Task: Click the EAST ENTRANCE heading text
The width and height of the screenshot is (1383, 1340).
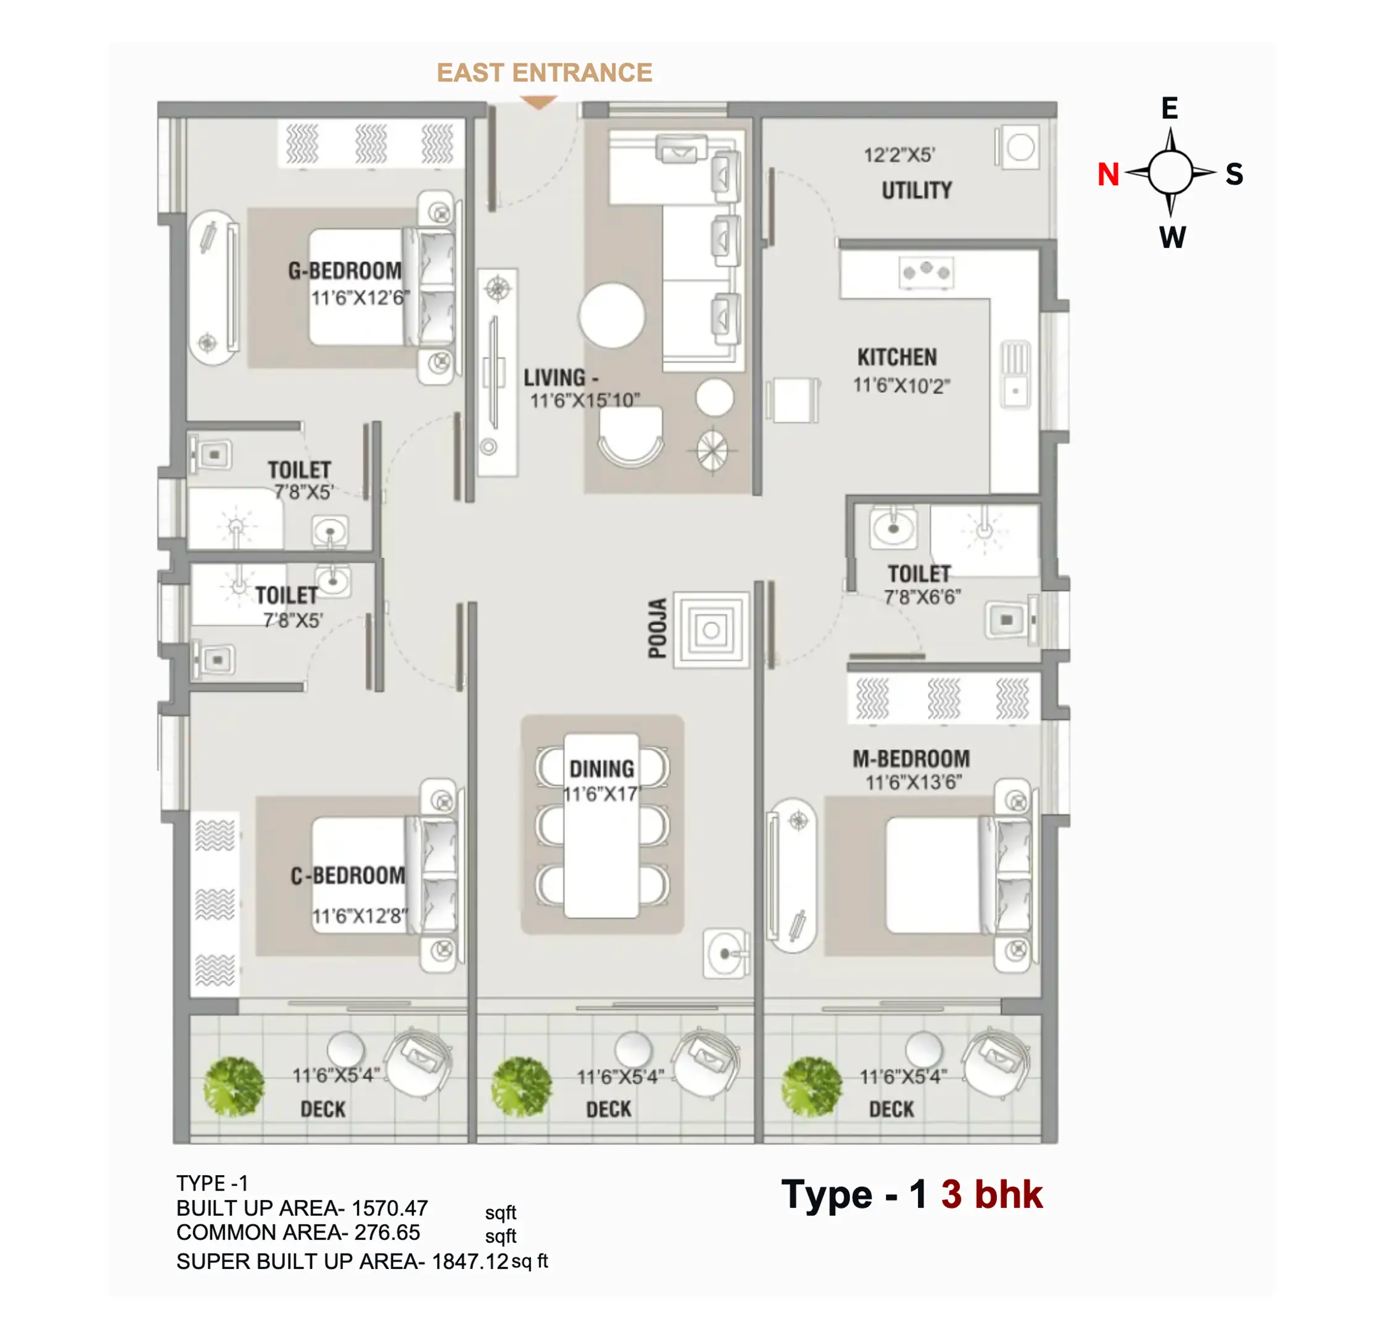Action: [x=544, y=73]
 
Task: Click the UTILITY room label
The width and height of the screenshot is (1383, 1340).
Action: [x=917, y=191]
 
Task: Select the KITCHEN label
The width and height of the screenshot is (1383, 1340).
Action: [x=897, y=357]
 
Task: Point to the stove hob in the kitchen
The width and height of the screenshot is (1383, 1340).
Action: [x=926, y=272]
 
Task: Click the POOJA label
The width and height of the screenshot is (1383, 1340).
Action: [x=658, y=628]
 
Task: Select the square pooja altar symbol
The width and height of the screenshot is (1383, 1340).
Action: [x=711, y=630]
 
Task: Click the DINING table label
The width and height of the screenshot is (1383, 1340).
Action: [x=602, y=769]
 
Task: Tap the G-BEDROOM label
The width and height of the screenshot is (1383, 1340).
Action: [x=344, y=270]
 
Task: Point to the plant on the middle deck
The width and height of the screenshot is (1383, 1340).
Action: [x=521, y=1088]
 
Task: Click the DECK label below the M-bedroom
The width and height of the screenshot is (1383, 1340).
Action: [x=891, y=1110]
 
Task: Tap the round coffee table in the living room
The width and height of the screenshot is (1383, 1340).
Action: [x=612, y=315]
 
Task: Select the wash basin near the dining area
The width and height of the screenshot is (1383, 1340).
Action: [x=725, y=954]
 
